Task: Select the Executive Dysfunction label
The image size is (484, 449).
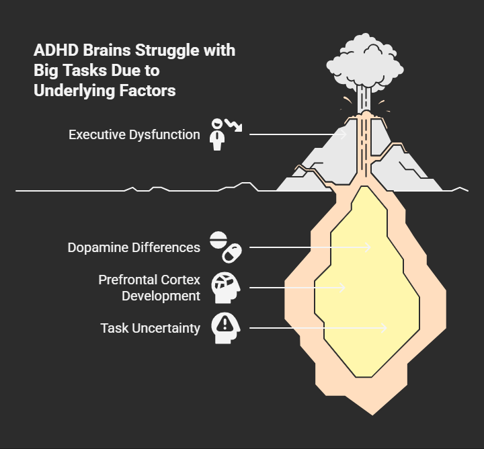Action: pyautogui.click(x=134, y=134)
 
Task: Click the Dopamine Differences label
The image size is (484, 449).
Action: pyautogui.click(x=133, y=247)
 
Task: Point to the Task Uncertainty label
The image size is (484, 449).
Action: pyautogui.click(x=150, y=328)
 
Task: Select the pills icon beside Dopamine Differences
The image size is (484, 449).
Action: pyautogui.click(x=225, y=247)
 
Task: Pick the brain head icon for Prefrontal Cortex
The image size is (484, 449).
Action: pyautogui.click(x=224, y=287)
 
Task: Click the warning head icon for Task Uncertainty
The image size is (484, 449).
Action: pyautogui.click(x=224, y=328)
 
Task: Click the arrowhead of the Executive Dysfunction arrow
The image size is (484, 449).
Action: pyautogui.click(x=344, y=134)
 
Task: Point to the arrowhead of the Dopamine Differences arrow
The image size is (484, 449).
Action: pyautogui.click(x=368, y=247)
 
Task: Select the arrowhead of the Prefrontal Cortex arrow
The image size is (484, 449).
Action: pyautogui.click(x=342, y=288)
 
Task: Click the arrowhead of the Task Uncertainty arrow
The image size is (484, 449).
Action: pyautogui.click(x=384, y=328)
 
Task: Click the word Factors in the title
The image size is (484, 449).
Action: pyautogui.click(x=148, y=91)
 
